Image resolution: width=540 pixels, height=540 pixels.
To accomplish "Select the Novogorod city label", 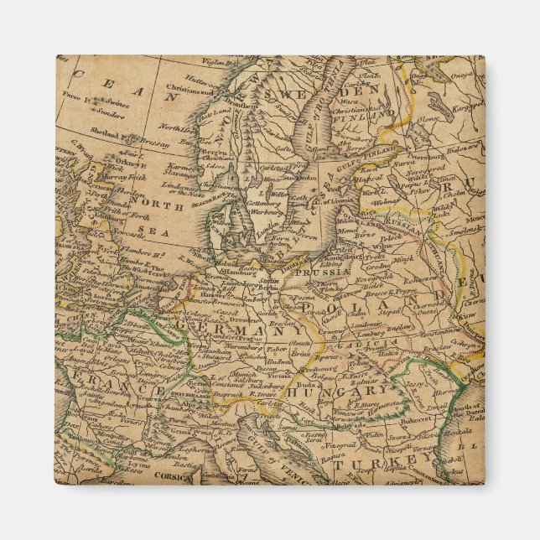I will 418,171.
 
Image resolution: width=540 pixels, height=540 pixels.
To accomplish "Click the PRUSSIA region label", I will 318,273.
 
